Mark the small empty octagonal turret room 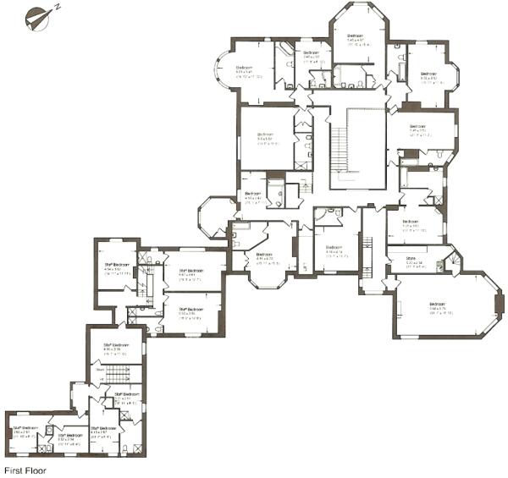click(215, 216)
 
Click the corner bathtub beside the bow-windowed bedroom click(284, 52)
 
